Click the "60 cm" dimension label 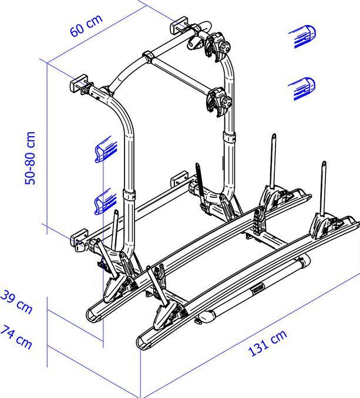click(86, 26)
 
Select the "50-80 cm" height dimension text click(31, 158)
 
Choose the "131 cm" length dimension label click(268, 343)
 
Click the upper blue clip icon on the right click(304, 36)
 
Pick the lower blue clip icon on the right click(302, 88)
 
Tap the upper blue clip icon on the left click(106, 149)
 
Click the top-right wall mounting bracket click(180, 28)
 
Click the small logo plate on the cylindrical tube click(257, 288)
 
